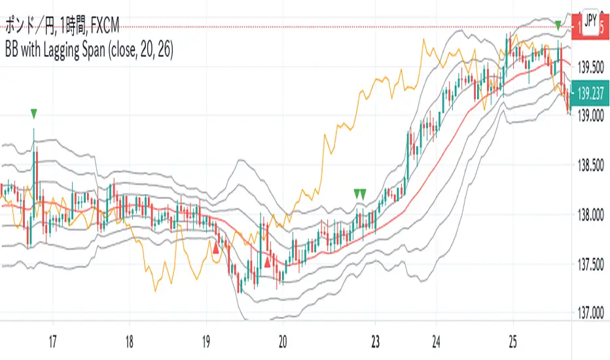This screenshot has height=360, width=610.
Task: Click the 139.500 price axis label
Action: pos(590,67)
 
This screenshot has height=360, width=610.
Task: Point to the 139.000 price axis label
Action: pos(590,116)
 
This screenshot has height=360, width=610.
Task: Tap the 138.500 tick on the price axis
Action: pos(590,166)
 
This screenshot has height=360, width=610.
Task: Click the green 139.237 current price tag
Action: pos(591,94)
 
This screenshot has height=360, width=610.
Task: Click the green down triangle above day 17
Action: pos(34,114)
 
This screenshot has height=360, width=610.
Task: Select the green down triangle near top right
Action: pos(557,25)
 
